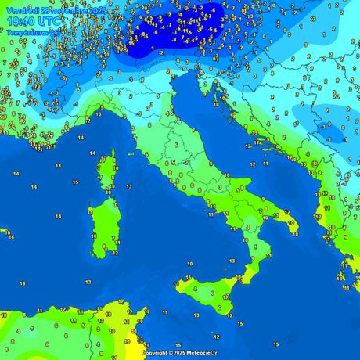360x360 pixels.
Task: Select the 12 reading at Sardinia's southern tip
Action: [x=115, y=253]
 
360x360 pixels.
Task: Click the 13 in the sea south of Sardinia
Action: [x=88, y=280]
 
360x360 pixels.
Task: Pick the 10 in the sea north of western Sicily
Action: [x=189, y=264]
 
